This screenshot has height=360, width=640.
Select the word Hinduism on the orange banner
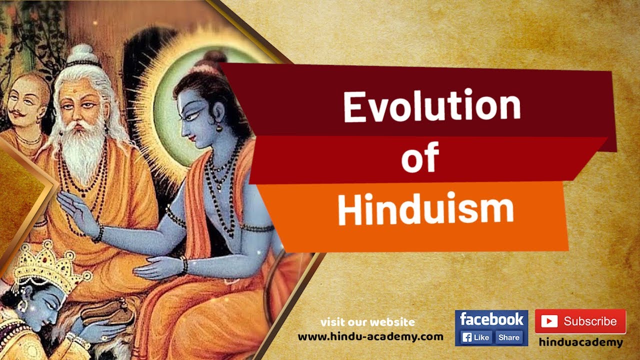(x=425, y=210)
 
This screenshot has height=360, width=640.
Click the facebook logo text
(x=491, y=319)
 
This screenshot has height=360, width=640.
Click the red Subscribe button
(x=580, y=321)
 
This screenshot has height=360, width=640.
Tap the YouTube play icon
(x=549, y=321)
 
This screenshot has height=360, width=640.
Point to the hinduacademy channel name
(x=580, y=342)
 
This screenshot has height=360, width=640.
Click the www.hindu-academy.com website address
(x=370, y=336)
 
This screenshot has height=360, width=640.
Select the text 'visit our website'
(x=367, y=322)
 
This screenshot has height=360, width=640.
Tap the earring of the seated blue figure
(x=218, y=128)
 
